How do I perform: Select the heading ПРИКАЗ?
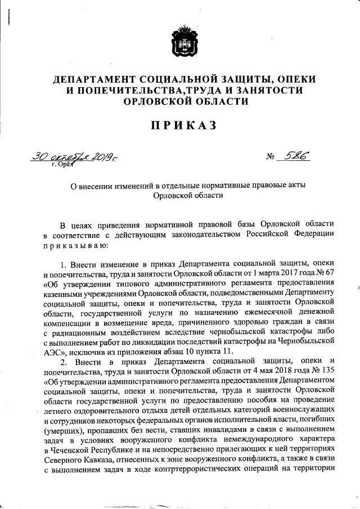pos(179,125)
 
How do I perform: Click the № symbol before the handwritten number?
pos(271,159)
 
